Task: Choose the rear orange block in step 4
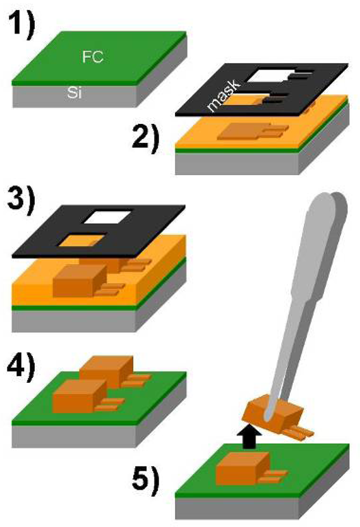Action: point(105,370)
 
